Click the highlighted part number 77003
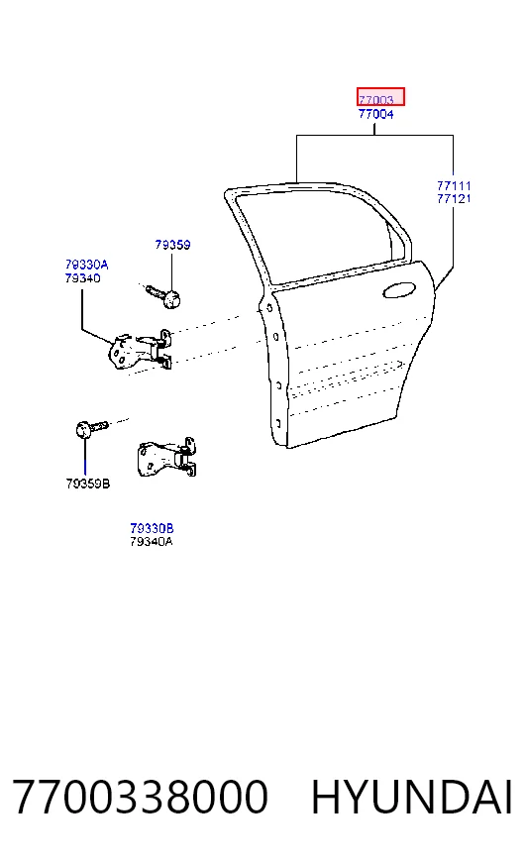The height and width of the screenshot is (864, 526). click(376, 99)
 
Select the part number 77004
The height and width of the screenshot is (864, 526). click(376, 114)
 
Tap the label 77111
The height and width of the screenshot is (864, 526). click(454, 185)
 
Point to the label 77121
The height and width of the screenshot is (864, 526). click(454, 198)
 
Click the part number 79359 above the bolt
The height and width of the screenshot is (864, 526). click(172, 244)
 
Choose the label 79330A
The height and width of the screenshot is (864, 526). click(86, 265)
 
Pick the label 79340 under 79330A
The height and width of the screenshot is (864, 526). click(82, 277)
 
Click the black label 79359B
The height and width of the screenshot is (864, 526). click(87, 484)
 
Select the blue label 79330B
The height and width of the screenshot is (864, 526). click(152, 528)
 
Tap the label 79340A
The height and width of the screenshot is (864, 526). click(152, 541)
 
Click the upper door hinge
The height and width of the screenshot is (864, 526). click(141, 350)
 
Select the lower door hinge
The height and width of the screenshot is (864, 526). click(166, 458)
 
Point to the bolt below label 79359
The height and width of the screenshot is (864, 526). click(164, 295)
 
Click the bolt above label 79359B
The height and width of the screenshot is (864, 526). click(91, 428)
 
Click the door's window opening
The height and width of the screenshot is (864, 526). click(325, 234)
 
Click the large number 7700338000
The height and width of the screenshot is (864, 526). click(140, 797)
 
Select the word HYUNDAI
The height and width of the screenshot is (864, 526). click(412, 797)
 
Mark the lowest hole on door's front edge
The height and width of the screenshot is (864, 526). click(278, 423)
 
